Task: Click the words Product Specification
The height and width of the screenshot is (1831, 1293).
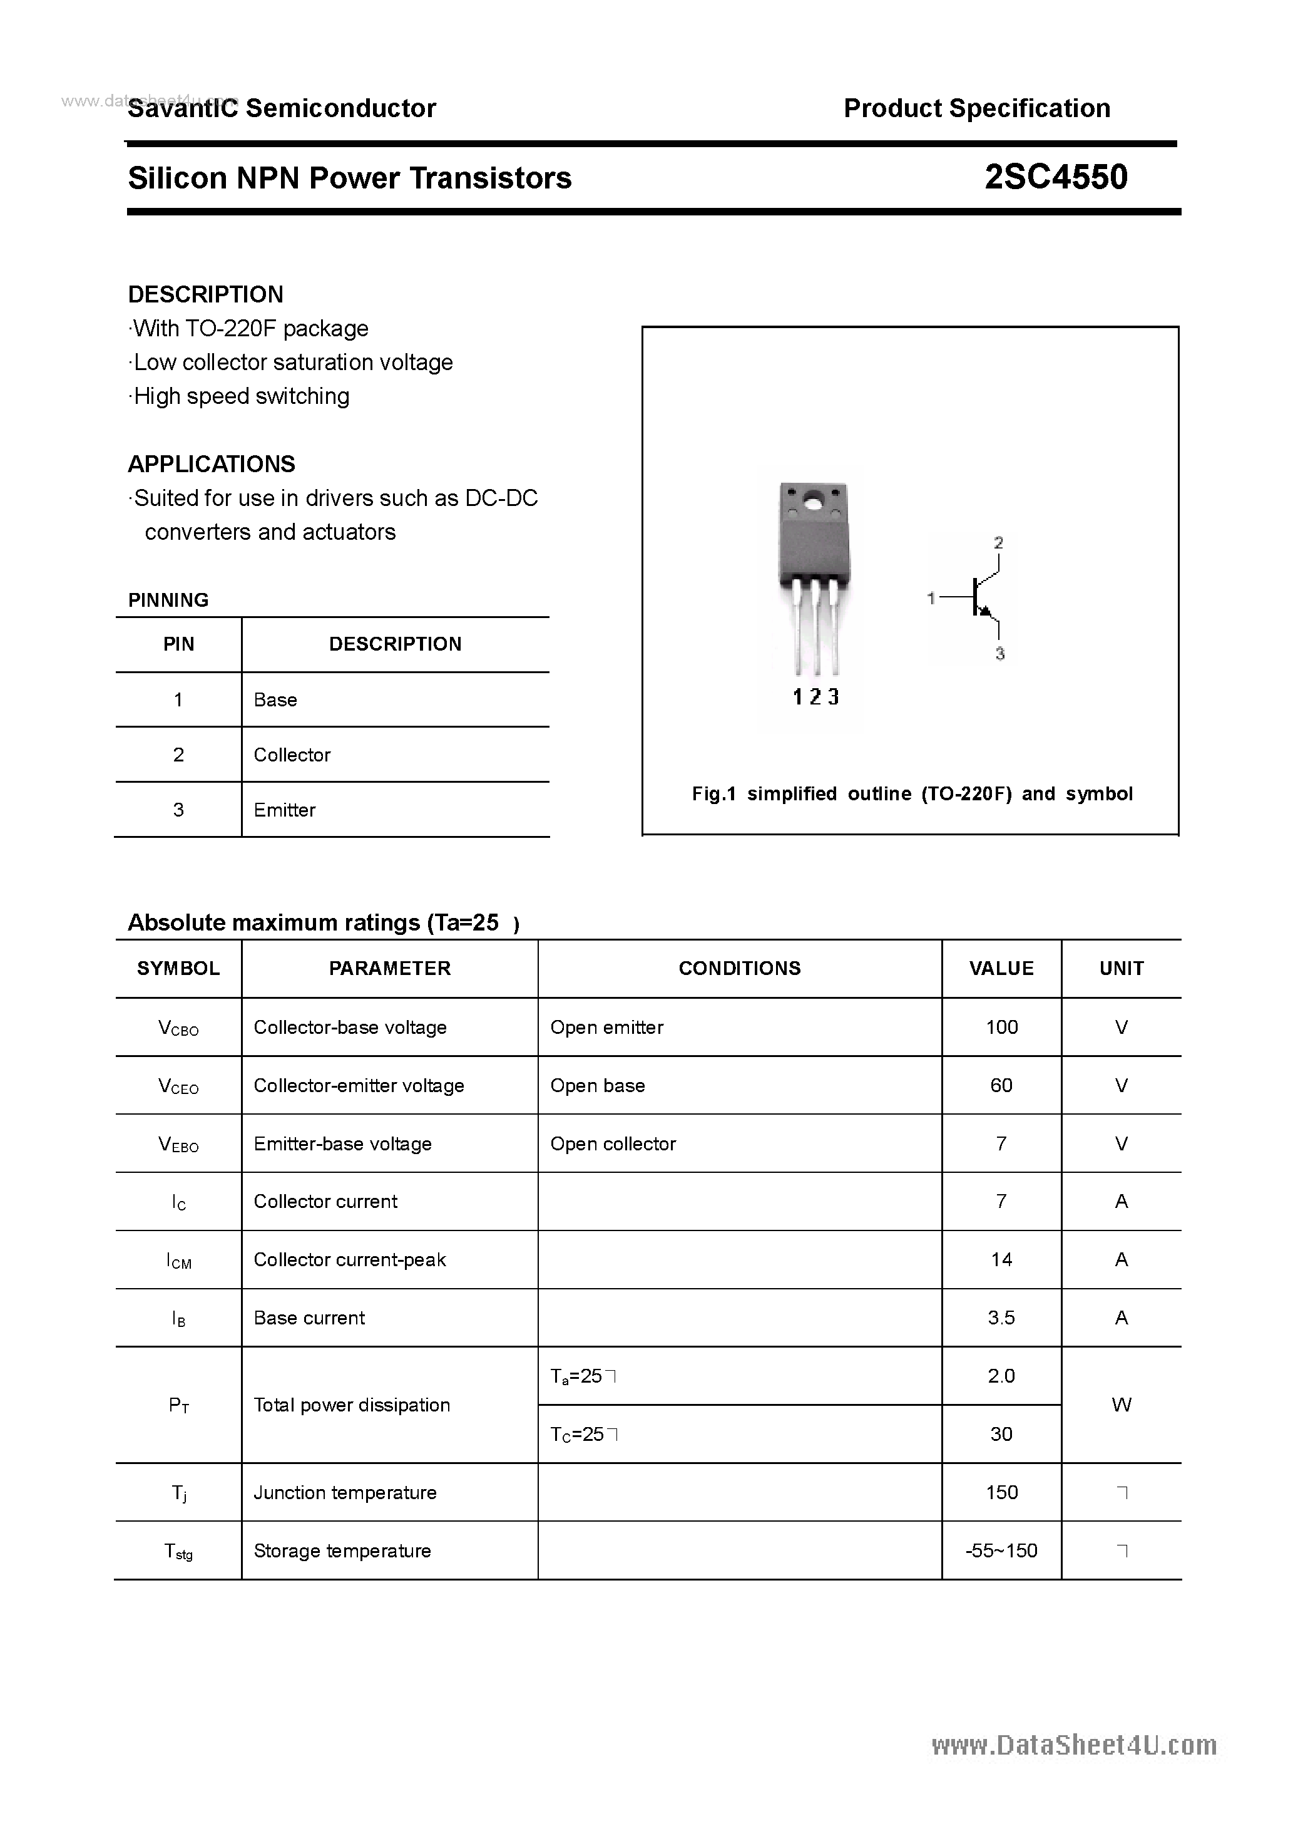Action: [x=976, y=108]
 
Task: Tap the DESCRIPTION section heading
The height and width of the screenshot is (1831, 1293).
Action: [x=206, y=294]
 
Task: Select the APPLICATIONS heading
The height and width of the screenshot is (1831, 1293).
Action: [x=212, y=464]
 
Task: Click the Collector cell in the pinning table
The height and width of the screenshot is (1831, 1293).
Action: [x=292, y=755]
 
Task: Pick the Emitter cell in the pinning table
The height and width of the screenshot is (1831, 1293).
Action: [x=285, y=810]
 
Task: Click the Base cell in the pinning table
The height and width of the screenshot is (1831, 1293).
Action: [x=275, y=699]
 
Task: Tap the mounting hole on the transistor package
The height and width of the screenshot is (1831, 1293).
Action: [x=814, y=503]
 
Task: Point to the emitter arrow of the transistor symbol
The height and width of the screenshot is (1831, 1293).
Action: [x=985, y=611]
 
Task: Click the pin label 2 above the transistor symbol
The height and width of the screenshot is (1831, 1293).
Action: [x=998, y=543]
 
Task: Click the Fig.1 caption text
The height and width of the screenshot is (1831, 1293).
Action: [x=911, y=793]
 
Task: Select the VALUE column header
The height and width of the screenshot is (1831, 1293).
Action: [x=1001, y=968]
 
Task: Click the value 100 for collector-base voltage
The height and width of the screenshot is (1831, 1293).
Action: [x=1001, y=1027]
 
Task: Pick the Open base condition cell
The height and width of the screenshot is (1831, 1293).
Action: [x=597, y=1085]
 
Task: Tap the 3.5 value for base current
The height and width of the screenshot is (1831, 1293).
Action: [x=1001, y=1318]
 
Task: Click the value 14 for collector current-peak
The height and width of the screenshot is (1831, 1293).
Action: [x=1001, y=1259]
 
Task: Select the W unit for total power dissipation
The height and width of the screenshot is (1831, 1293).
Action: [x=1121, y=1405]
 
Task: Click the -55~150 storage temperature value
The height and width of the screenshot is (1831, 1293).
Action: [x=1001, y=1550]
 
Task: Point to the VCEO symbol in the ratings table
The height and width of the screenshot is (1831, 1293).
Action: [x=178, y=1086]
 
